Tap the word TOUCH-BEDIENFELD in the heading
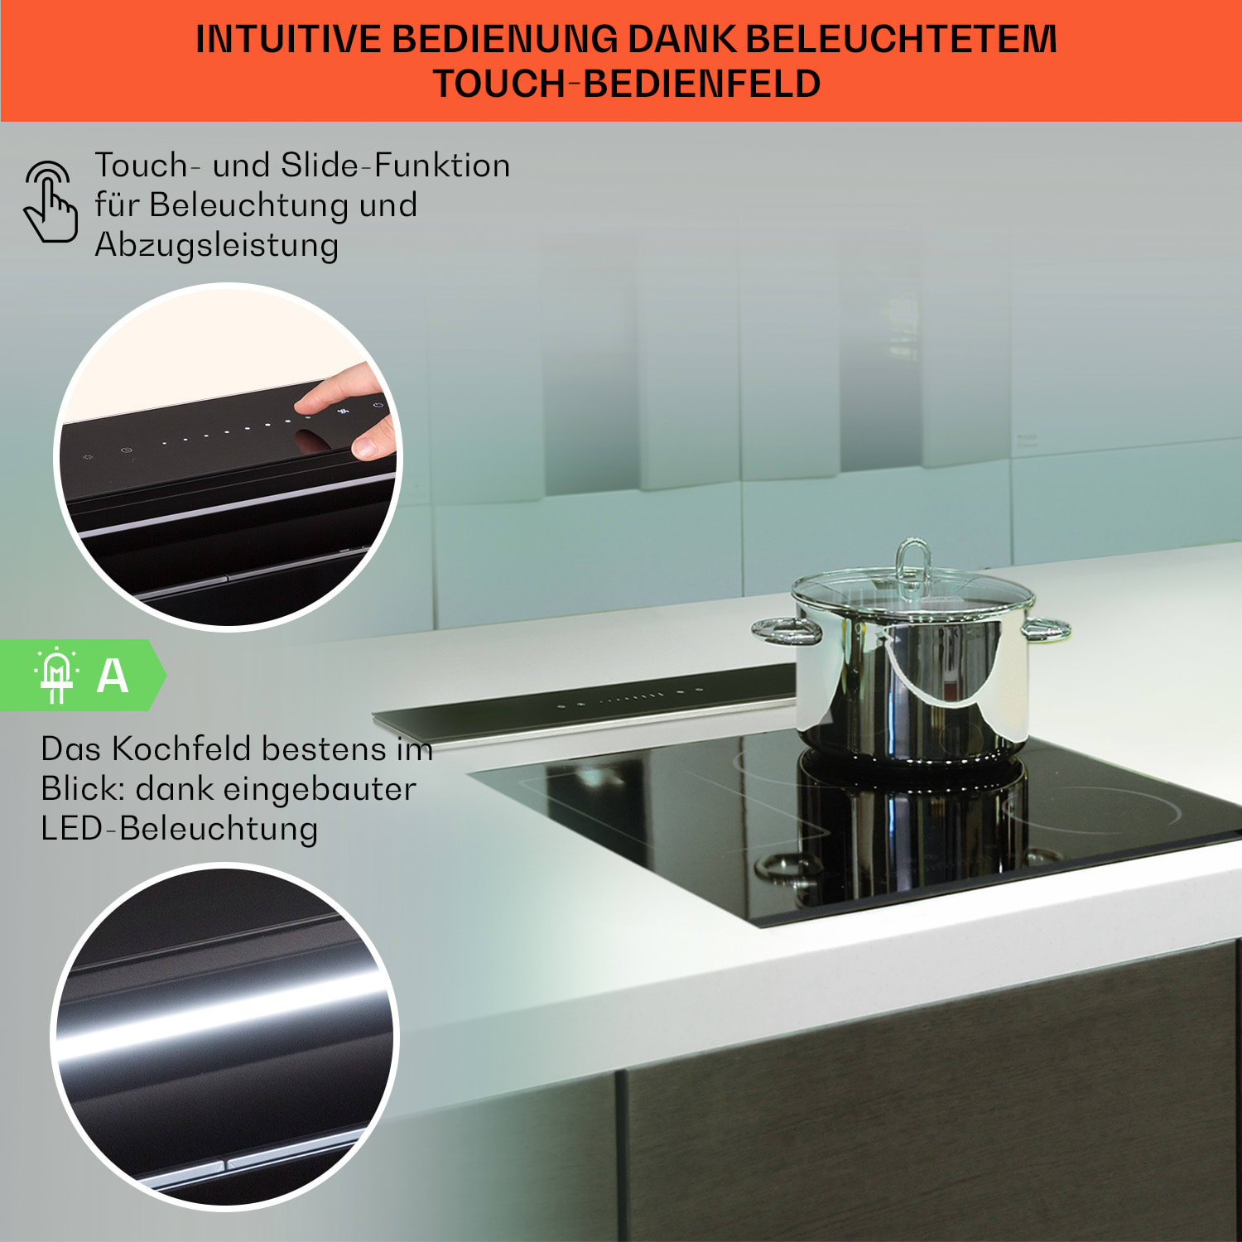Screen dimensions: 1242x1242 pos(627,84)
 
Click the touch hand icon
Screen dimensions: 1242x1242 pos(51,202)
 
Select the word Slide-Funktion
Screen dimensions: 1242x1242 pos(395,165)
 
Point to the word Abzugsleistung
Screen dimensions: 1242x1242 pos(216,245)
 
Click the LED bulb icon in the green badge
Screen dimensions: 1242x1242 pos(56,675)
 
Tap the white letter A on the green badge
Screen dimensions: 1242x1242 pos(113,676)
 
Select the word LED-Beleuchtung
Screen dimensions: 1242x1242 pos(179,829)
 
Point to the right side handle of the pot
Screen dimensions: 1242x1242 pos(1047,629)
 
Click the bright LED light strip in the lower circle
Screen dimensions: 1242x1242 pos(224,1018)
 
